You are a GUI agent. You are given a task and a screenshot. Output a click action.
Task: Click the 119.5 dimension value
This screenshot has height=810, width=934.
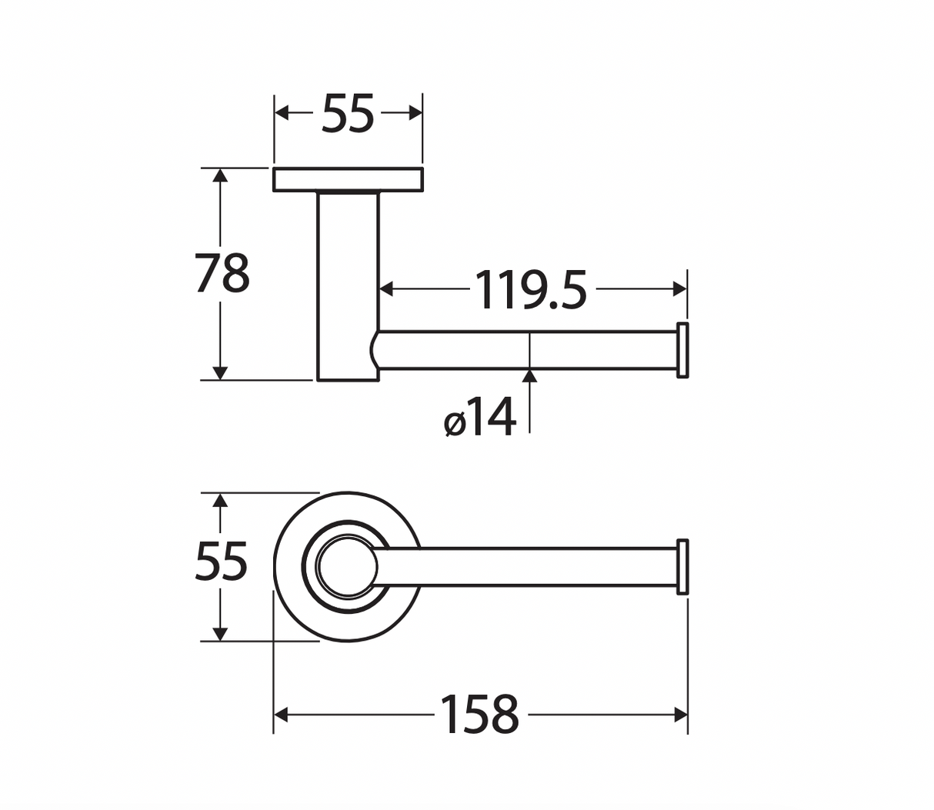tap(530, 289)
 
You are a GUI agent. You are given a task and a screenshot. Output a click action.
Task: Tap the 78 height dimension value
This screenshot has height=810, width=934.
tap(222, 273)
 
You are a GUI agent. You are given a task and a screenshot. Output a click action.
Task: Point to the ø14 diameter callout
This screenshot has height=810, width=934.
tap(480, 417)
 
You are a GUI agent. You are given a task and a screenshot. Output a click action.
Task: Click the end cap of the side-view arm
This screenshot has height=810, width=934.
tap(682, 350)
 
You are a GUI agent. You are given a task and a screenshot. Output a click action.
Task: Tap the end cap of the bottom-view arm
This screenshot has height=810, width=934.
tap(682, 567)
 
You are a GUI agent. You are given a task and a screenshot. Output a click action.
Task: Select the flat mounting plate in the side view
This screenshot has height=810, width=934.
tap(348, 179)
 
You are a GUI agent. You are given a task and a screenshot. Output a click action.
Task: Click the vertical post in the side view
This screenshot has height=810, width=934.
tap(348, 286)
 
